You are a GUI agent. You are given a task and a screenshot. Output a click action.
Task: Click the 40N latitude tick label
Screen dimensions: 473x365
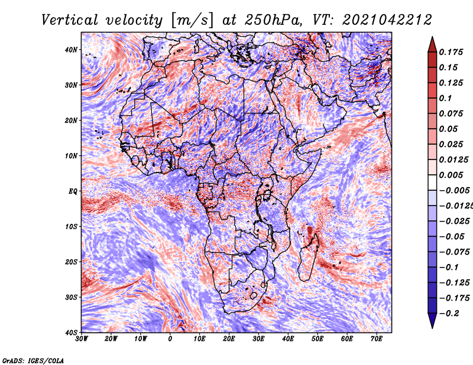(71, 50)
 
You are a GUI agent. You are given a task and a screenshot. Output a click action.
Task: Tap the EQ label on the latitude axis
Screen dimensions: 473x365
(73, 191)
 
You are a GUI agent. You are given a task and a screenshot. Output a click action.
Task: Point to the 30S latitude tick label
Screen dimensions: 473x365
(71, 298)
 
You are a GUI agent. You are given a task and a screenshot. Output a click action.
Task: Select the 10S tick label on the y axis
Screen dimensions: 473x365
(71, 227)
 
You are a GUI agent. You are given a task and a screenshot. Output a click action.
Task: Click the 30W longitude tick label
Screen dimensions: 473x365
(82, 339)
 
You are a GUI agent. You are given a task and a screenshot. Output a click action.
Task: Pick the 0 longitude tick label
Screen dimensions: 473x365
(170, 339)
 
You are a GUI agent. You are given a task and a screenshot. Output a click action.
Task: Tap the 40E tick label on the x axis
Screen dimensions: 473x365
(288, 339)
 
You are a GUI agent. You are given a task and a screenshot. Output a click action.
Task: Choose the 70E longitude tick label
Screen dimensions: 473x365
(377, 339)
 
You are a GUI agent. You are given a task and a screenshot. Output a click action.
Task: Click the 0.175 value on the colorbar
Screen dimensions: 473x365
(451, 53)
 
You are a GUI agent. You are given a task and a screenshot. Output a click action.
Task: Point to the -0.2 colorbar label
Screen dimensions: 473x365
(449, 314)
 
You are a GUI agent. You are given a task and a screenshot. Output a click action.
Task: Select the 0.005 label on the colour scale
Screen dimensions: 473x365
(451, 175)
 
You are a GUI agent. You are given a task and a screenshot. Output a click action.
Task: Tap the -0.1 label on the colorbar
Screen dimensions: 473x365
(449, 268)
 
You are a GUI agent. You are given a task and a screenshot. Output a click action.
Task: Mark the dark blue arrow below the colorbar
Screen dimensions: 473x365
(432, 320)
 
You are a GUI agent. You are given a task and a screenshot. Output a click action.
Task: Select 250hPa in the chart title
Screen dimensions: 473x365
(273, 20)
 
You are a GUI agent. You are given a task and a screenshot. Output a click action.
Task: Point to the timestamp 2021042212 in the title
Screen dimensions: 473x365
(387, 20)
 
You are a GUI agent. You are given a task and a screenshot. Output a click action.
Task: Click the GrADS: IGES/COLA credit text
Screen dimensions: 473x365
(33, 361)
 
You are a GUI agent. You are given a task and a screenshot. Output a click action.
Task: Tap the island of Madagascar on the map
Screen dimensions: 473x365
(307, 259)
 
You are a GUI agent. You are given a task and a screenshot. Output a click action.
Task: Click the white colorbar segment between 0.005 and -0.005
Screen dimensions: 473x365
(432, 182)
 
